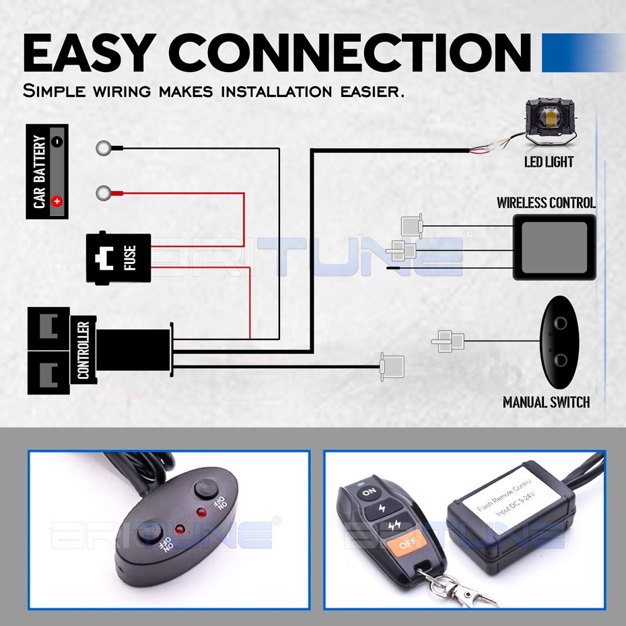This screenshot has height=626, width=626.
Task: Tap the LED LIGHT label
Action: (x=549, y=162)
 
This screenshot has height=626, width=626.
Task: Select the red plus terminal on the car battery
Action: (x=57, y=200)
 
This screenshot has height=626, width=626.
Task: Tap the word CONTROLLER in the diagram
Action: (x=83, y=350)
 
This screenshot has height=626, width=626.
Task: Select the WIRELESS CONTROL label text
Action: (x=546, y=202)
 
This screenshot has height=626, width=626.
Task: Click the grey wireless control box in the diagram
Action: (x=554, y=246)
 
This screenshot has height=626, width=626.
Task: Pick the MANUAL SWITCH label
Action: (x=546, y=403)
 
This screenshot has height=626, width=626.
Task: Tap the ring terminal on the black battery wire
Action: (x=104, y=147)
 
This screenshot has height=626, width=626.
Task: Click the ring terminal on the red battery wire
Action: (x=104, y=194)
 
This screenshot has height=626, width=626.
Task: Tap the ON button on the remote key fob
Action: (x=369, y=493)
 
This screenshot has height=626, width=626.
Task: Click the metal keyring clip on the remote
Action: (x=464, y=592)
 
